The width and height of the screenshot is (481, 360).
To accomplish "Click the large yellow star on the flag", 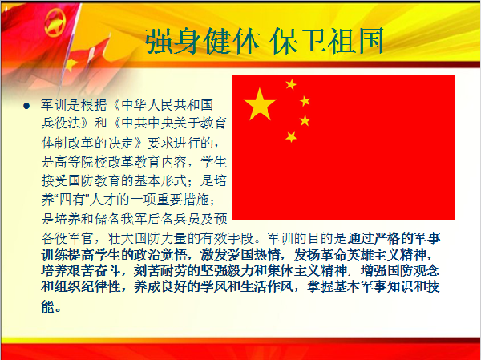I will click(x=260, y=104).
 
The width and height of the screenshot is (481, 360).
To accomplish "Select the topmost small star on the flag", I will click(x=290, y=84).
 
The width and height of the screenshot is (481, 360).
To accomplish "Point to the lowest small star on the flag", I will click(x=291, y=136).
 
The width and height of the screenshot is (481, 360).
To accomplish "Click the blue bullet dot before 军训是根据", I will click(x=26, y=105).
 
